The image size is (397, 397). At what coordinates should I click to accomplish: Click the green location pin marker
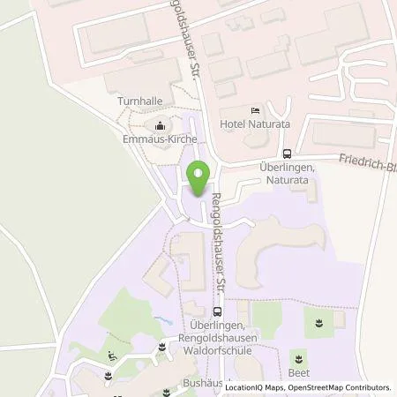point(198,177)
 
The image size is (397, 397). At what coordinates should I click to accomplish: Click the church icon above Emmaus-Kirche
point(161,124)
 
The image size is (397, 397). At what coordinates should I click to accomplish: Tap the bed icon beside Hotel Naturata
point(255,110)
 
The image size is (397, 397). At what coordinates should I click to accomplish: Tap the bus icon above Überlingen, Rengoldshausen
point(217,311)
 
